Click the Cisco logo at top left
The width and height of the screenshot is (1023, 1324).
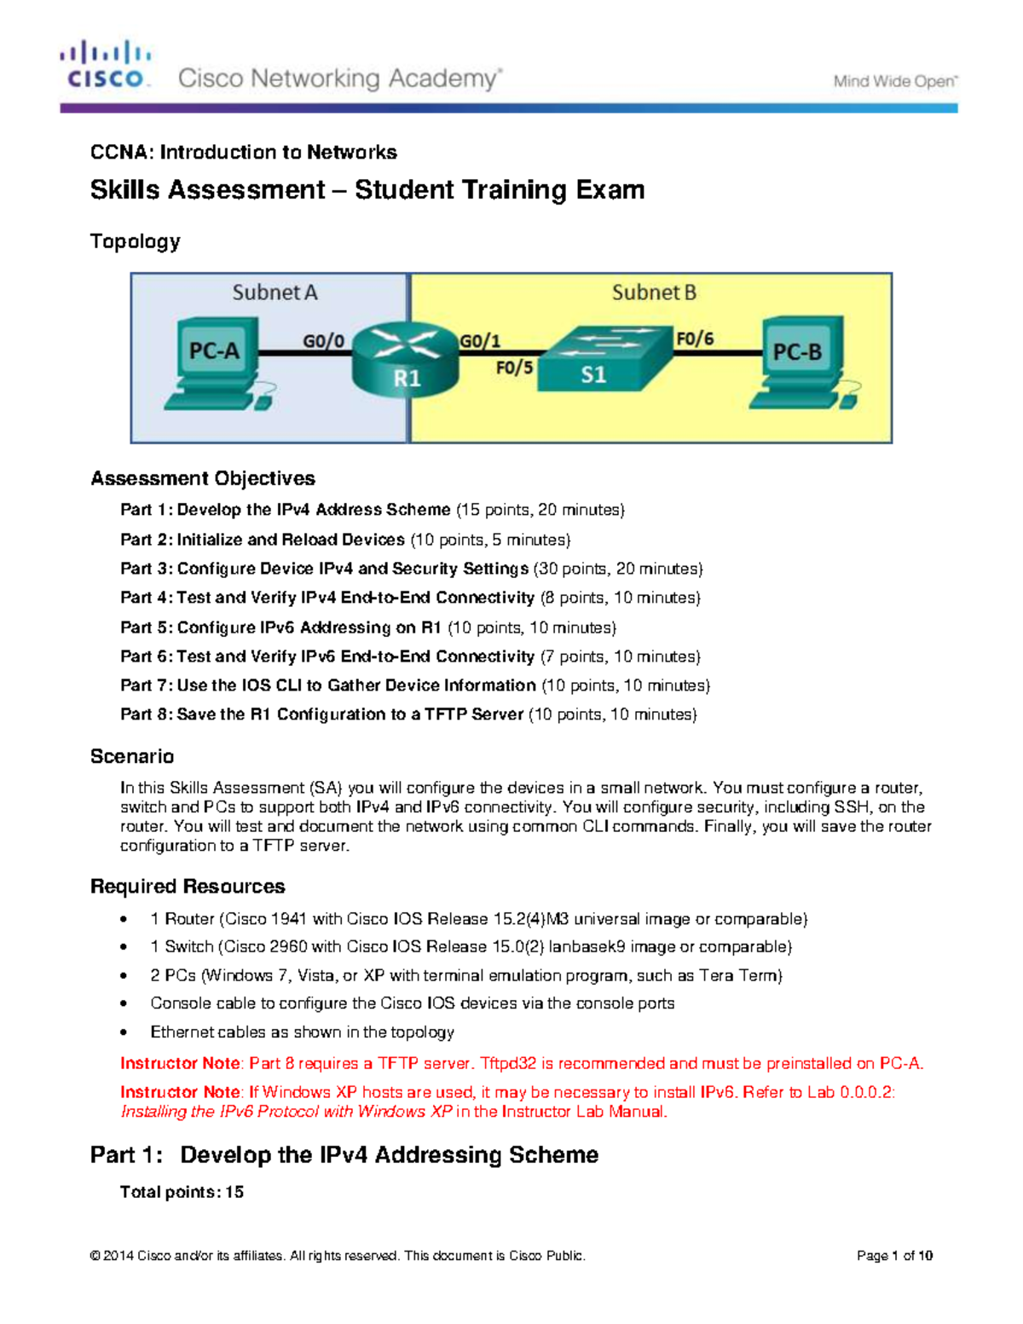(x=106, y=66)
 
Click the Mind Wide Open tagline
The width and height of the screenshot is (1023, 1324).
(x=895, y=82)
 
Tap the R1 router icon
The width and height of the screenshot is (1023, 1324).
(x=406, y=360)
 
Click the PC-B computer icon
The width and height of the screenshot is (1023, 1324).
(x=801, y=362)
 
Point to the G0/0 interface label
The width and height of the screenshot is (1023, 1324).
(x=324, y=341)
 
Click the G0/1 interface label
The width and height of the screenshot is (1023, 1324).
(x=480, y=341)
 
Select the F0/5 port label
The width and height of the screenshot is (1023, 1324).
(x=514, y=368)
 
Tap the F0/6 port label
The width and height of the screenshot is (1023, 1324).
(x=695, y=338)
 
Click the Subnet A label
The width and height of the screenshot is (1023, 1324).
(x=275, y=292)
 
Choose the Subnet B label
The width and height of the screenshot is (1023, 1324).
(x=654, y=292)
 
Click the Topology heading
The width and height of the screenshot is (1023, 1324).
(x=135, y=241)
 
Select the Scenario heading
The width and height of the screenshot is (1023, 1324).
(x=132, y=756)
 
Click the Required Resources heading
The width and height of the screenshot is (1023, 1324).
(x=188, y=886)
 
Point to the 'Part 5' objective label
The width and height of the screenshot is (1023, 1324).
(x=147, y=627)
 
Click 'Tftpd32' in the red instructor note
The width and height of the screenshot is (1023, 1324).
(x=508, y=1063)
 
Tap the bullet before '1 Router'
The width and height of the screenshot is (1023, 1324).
(x=124, y=919)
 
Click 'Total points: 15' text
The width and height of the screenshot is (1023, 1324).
(x=182, y=1192)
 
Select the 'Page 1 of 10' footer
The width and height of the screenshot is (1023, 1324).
(x=894, y=1255)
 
